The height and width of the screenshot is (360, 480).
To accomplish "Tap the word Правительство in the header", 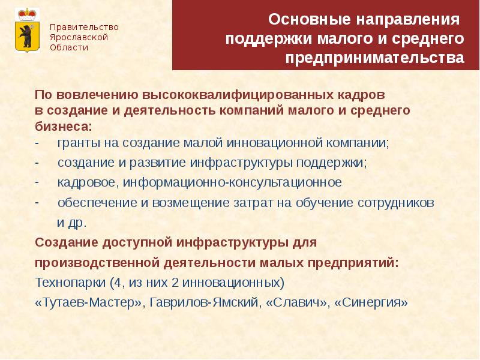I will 83,27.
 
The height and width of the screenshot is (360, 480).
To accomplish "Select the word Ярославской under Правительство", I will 79,37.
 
